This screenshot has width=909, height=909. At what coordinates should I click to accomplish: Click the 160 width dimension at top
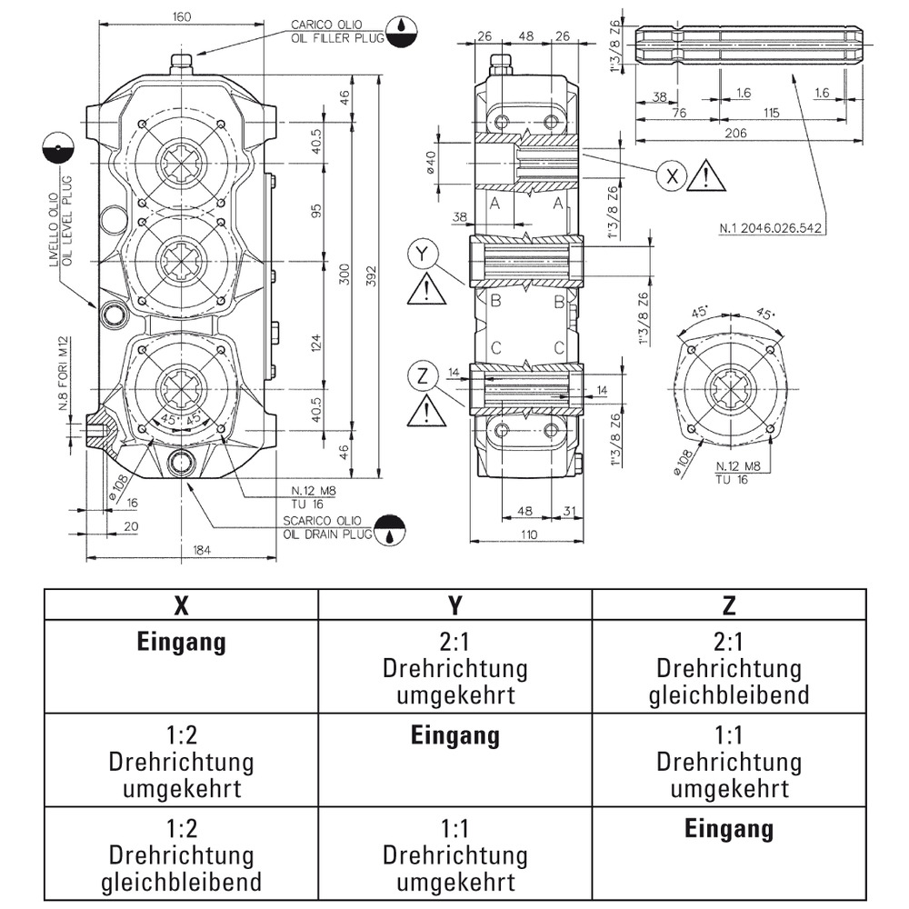(182, 15)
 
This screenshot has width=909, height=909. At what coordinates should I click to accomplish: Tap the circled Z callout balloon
(421, 375)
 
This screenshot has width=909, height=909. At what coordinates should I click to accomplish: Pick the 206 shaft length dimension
(736, 134)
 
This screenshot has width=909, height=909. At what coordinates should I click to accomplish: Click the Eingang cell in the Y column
(454, 735)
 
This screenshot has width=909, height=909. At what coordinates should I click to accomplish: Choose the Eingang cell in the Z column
(728, 829)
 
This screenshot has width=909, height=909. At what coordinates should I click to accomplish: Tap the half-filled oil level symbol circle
(56, 148)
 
